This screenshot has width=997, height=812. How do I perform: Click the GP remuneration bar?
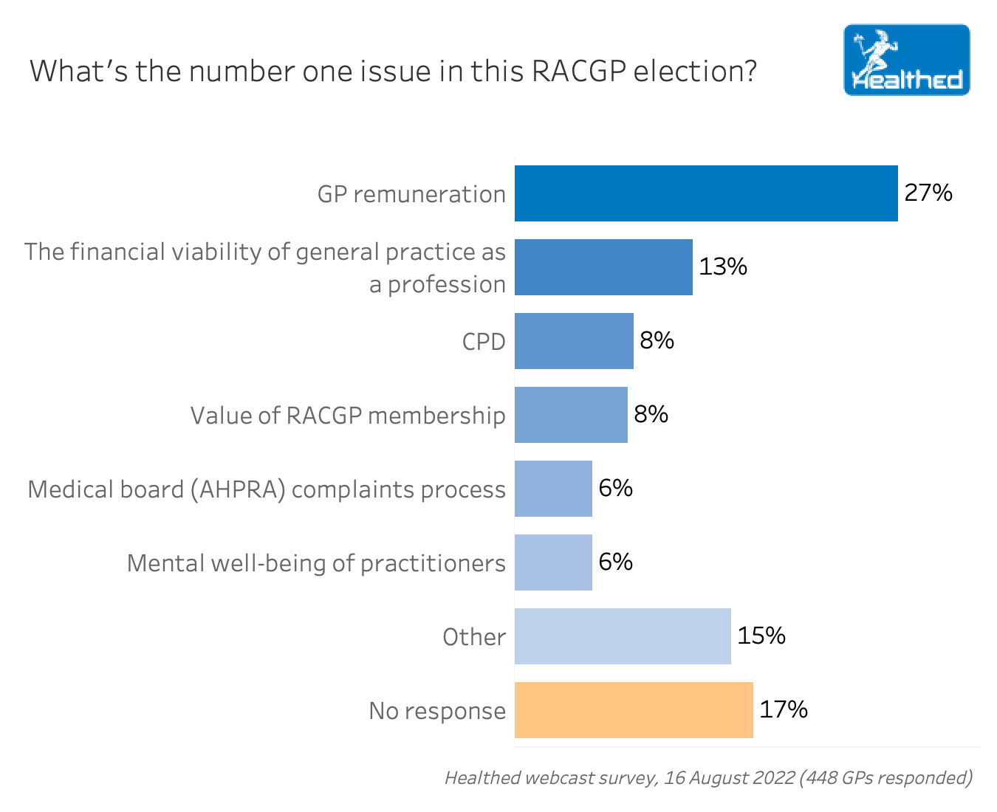[706, 193]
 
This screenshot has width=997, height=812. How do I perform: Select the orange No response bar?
[634, 710]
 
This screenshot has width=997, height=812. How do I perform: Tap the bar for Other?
[623, 636]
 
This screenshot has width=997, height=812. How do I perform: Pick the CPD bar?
[574, 341]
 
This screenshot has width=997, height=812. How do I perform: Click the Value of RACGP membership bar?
[571, 415]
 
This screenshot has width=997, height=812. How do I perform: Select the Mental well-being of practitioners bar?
[553, 562]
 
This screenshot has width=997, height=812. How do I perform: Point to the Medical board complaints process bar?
[553, 489]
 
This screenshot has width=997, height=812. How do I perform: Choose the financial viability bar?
[603, 267]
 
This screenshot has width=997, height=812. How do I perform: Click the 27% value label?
[928, 193]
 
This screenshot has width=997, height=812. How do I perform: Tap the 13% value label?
[723, 266]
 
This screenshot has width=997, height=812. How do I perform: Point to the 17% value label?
[784, 709]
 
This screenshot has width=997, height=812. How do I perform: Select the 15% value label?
[761, 636]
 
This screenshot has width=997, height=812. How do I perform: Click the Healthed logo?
[907, 60]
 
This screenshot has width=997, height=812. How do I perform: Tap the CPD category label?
[484, 342]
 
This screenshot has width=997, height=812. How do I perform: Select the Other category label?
[474, 637]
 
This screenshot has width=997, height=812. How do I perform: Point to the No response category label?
[437, 711]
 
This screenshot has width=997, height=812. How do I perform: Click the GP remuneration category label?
[411, 194]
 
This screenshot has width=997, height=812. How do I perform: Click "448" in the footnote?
[822, 777]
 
